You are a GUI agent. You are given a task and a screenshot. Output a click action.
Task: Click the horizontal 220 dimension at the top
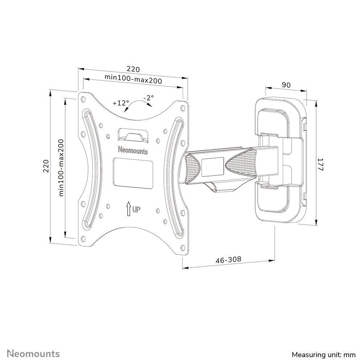tap(133, 69)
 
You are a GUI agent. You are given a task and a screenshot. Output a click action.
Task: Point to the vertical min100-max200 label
tap(61, 167)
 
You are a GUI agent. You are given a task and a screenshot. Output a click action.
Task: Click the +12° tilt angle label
tap(120, 103)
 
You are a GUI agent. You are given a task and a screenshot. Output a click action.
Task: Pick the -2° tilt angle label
tap(148, 98)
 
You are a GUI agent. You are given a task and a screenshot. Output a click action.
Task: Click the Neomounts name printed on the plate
tap(133, 150)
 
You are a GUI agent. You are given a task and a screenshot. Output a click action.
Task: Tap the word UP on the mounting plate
tap(136, 209)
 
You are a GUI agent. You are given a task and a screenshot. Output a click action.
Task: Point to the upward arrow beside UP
tap(128, 209)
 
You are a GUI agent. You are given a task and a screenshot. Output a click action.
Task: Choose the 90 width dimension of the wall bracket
tap(286, 85)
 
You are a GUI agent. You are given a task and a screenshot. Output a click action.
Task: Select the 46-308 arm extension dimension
tap(228, 260)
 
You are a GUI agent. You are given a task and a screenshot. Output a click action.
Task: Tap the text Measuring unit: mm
tap(324, 354)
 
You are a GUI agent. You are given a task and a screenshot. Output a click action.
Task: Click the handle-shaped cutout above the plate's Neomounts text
tap(133, 135)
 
